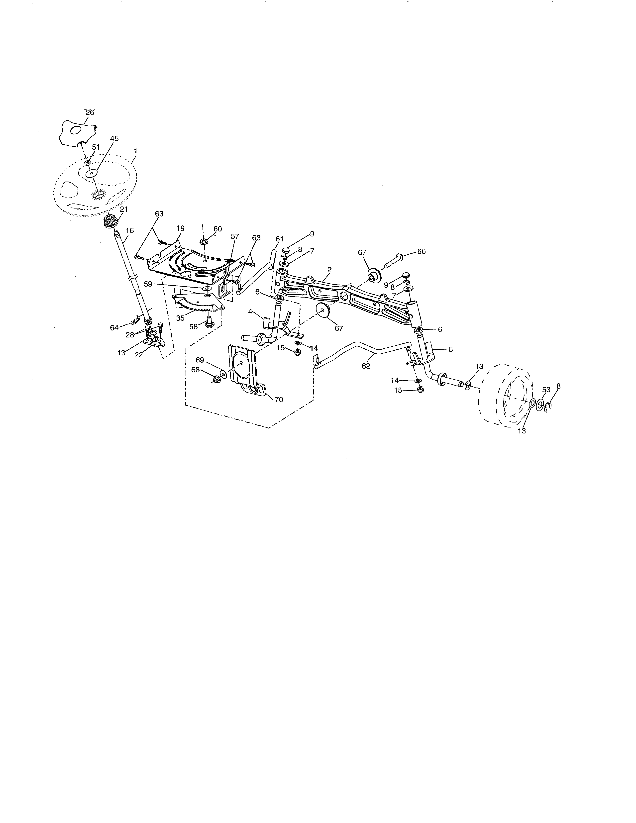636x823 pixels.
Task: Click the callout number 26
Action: click(90, 112)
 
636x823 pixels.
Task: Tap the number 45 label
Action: click(114, 139)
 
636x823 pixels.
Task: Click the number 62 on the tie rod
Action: click(366, 366)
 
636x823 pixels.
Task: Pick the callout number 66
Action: click(421, 251)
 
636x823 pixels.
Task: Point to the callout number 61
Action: click(279, 239)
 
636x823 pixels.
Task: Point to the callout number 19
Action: click(181, 228)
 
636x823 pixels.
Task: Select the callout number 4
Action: click(250, 312)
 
